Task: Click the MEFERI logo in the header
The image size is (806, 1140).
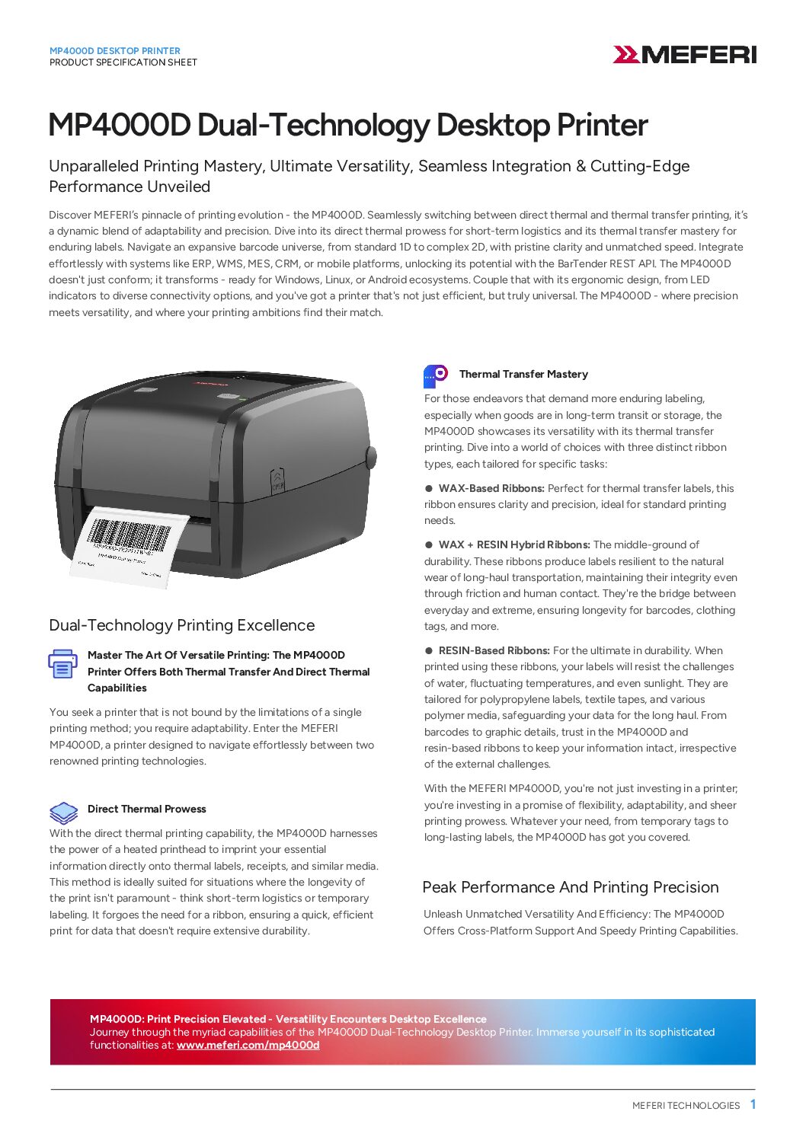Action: (684, 55)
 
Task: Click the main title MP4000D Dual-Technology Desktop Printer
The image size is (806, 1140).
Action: (348, 126)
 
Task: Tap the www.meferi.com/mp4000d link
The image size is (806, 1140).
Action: (248, 1046)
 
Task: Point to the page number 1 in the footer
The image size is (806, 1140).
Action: (753, 1104)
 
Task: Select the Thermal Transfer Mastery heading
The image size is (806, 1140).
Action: (523, 374)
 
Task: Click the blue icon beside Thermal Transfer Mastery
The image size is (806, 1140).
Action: (436, 375)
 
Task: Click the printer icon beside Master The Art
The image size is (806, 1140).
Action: (62, 664)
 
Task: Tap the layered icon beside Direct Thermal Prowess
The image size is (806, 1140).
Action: (63, 813)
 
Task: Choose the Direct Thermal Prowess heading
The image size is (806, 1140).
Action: (146, 809)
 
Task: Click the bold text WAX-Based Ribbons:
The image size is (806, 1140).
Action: (491, 488)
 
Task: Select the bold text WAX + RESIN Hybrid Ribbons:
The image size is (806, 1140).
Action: (514, 544)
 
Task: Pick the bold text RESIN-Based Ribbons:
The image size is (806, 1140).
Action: (494, 650)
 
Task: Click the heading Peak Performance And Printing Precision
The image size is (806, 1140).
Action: (571, 887)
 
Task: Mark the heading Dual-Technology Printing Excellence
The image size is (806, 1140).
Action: (181, 625)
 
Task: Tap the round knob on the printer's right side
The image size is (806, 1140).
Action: (371, 457)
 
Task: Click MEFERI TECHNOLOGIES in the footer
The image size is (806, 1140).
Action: (686, 1106)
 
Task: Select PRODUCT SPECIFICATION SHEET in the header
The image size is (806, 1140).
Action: (123, 62)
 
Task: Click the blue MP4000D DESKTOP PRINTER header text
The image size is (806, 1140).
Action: (115, 51)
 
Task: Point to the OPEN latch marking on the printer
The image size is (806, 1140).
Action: (277, 481)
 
